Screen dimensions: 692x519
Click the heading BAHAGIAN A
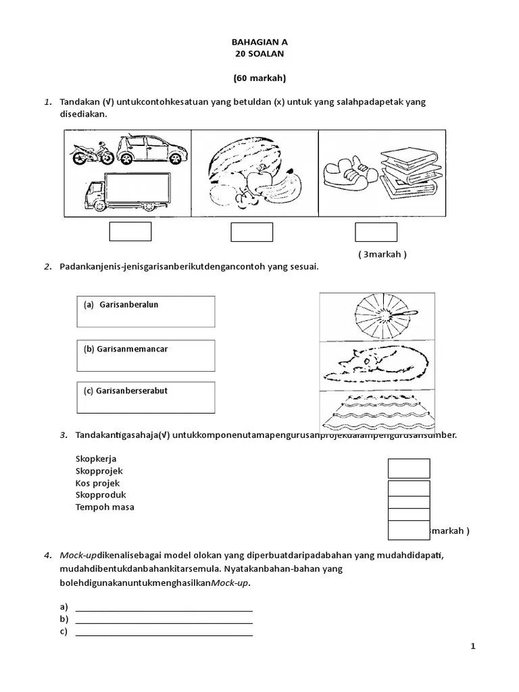pyautogui.click(x=259, y=41)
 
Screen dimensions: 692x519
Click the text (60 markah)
pyautogui.click(x=259, y=78)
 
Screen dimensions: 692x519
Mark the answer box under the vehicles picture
pyautogui.click(x=130, y=232)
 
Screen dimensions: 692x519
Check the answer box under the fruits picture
pyautogui.click(x=251, y=232)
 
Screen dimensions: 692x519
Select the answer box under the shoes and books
pyautogui.click(x=376, y=232)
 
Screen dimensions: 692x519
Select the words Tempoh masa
pyautogui.click(x=105, y=507)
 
